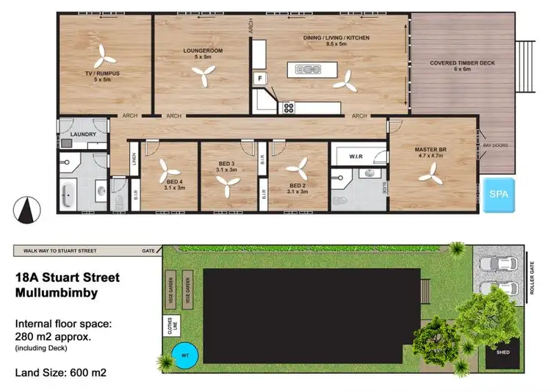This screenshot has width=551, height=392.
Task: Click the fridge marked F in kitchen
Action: [x=259, y=78]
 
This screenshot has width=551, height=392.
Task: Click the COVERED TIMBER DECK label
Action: [x=463, y=63]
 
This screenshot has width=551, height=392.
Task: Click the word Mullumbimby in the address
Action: [x=57, y=292]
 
